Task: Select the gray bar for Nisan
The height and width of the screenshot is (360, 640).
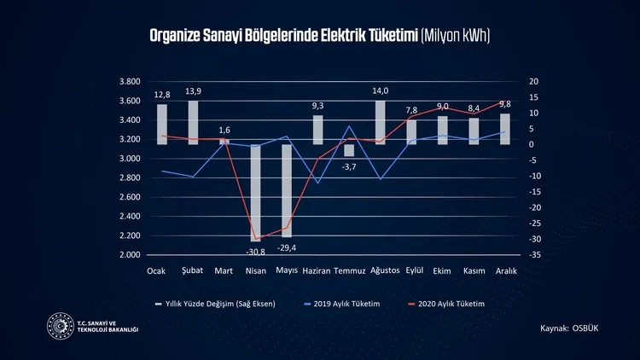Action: (x=255, y=192)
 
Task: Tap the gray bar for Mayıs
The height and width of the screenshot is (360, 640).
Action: (x=287, y=189)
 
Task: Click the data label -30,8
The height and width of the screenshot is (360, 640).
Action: (x=255, y=252)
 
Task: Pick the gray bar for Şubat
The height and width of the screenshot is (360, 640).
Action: (x=193, y=123)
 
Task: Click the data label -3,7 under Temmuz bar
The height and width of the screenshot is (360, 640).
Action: (x=349, y=166)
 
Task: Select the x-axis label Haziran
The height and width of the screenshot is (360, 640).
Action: (x=317, y=270)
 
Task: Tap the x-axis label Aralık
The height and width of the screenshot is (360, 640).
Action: (x=507, y=270)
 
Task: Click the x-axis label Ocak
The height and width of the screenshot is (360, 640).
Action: (x=155, y=270)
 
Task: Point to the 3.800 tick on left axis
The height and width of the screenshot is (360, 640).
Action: (x=129, y=82)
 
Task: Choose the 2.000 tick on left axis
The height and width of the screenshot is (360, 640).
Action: (x=129, y=255)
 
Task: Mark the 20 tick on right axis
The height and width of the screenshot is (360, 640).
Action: (x=534, y=82)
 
